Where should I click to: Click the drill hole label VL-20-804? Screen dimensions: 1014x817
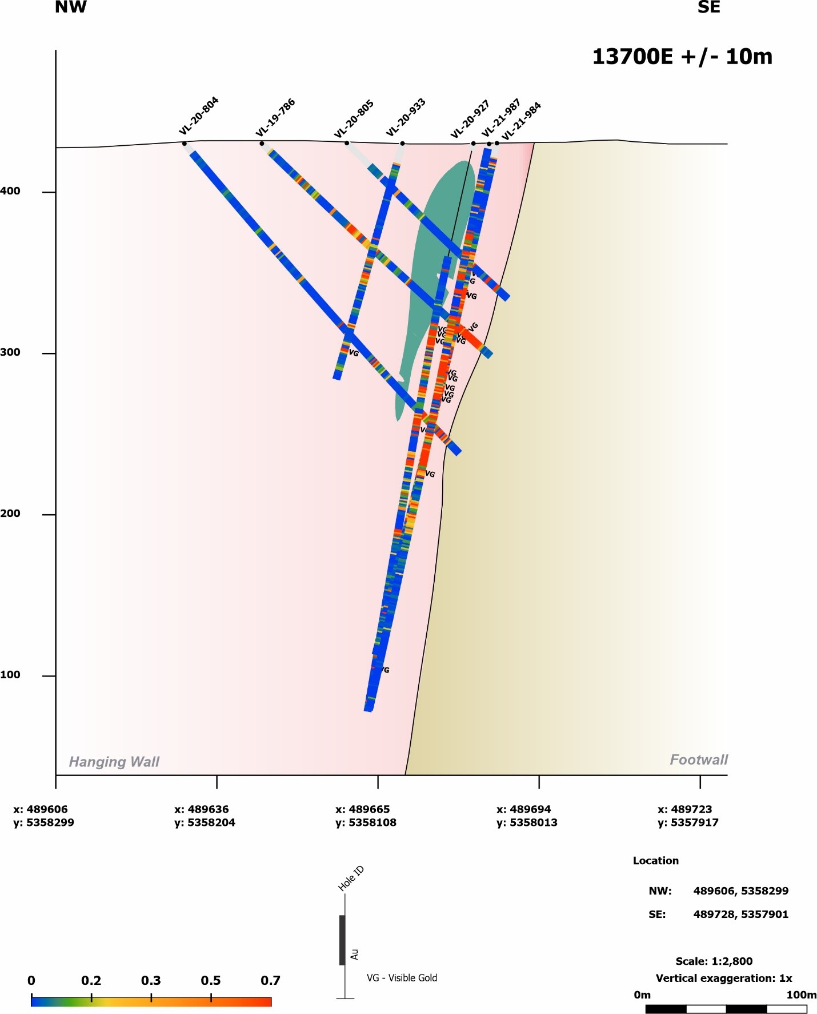(199, 116)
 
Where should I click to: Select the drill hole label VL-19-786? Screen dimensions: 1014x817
(275, 118)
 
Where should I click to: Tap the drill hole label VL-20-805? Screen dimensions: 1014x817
(354, 119)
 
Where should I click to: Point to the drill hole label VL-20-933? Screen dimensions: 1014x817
(406, 118)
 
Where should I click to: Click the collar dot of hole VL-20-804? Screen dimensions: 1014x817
(184, 144)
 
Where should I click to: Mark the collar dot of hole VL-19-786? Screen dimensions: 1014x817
(262, 143)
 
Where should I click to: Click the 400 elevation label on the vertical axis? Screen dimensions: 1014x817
(10, 191)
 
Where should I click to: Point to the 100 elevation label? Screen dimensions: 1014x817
(10, 675)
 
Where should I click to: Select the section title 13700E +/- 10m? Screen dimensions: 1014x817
(682, 57)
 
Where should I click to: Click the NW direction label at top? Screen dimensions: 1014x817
(71, 7)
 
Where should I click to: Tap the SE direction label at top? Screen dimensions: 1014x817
(708, 7)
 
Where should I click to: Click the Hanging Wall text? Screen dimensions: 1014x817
(114, 762)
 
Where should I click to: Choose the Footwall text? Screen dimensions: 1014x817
(699, 760)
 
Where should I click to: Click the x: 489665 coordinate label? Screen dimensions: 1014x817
(362, 810)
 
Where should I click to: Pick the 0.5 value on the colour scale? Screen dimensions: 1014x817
(211, 981)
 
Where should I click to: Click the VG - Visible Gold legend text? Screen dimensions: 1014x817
(402, 978)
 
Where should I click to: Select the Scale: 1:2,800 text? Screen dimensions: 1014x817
(714, 961)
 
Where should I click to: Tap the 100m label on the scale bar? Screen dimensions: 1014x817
(801, 995)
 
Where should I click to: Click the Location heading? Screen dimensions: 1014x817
(655, 861)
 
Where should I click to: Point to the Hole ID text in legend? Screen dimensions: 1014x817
(351, 879)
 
